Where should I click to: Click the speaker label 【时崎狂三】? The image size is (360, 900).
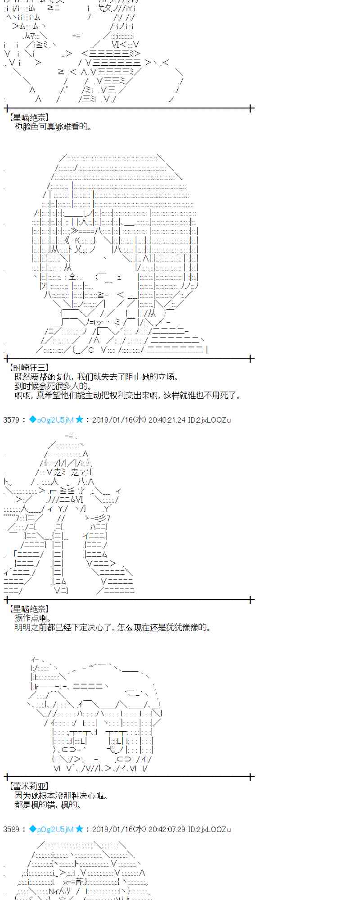click(28, 368)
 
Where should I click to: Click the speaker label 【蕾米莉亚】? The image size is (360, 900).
click(28, 786)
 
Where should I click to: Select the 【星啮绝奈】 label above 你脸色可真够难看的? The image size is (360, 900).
click(28, 117)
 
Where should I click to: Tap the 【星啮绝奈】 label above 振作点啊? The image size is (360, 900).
click(28, 609)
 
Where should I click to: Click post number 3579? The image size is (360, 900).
click(11, 420)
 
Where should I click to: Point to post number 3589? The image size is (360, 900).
click(11, 829)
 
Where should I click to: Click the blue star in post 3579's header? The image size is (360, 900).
click(80, 419)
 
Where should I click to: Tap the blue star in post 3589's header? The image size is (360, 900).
click(80, 828)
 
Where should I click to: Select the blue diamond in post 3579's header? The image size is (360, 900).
click(32, 419)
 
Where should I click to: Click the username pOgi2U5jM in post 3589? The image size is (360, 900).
click(55, 829)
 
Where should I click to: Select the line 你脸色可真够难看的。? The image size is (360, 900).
click(54, 127)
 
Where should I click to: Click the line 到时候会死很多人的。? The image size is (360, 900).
click(54, 386)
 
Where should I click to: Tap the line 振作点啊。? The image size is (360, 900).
click(34, 618)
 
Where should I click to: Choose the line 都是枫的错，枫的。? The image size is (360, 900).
click(48, 805)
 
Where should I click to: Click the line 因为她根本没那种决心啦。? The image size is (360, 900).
click(61, 796)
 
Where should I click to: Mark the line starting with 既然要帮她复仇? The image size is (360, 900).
click(97, 377)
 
